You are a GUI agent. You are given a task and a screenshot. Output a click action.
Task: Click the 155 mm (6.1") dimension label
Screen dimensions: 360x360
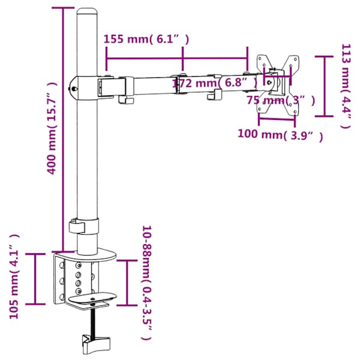pyautogui.click(x=146, y=39)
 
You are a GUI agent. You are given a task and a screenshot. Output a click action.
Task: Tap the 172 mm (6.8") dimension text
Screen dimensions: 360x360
pyautogui.click(x=215, y=82)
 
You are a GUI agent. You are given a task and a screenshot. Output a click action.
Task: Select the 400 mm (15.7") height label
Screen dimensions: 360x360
pyautogui.click(x=52, y=128)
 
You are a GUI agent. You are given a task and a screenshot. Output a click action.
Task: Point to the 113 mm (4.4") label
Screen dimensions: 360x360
pyautogui.click(x=346, y=86)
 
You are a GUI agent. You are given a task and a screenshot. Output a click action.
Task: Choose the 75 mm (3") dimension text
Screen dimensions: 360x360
pyautogui.click(x=281, y=101)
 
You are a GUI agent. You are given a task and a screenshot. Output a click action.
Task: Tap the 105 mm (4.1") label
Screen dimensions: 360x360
pyautogui.click(x=14, y=276)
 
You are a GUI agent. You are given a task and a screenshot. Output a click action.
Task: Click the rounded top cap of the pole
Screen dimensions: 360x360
pyautogui.click(x=86, y=11)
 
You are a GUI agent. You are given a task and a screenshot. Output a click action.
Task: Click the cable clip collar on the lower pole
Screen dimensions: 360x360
pyautogui.click(x=84, y=226)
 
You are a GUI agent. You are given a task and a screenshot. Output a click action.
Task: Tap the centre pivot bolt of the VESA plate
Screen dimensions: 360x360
pyautogui.click(x=269, y=82)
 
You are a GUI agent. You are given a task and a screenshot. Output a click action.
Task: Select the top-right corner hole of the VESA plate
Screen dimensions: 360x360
pyautogui.click(x=295, y=59)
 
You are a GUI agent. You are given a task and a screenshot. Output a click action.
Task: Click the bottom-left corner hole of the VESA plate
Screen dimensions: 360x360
pyautogui.click(x=260, y=109)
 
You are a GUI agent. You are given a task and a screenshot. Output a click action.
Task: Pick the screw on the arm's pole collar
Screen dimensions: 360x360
pyautogui.click(x=74, y=88)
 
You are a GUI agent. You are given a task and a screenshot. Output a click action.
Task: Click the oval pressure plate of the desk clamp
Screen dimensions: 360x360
pyautogui.click(x=93, y=298)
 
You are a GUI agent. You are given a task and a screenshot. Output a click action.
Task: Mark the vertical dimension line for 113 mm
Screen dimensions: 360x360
pyautogui.click(x=324, y=86)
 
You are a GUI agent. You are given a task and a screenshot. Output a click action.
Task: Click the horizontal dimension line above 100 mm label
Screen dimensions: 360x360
pyautogui.click(x=277, y=119)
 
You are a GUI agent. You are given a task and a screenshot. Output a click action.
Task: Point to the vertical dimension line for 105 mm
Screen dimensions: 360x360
pyautogui.click(x=35, y=279)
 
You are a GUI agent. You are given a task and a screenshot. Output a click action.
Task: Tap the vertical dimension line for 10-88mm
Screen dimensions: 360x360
pyautogui.click(x=127, y=283)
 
